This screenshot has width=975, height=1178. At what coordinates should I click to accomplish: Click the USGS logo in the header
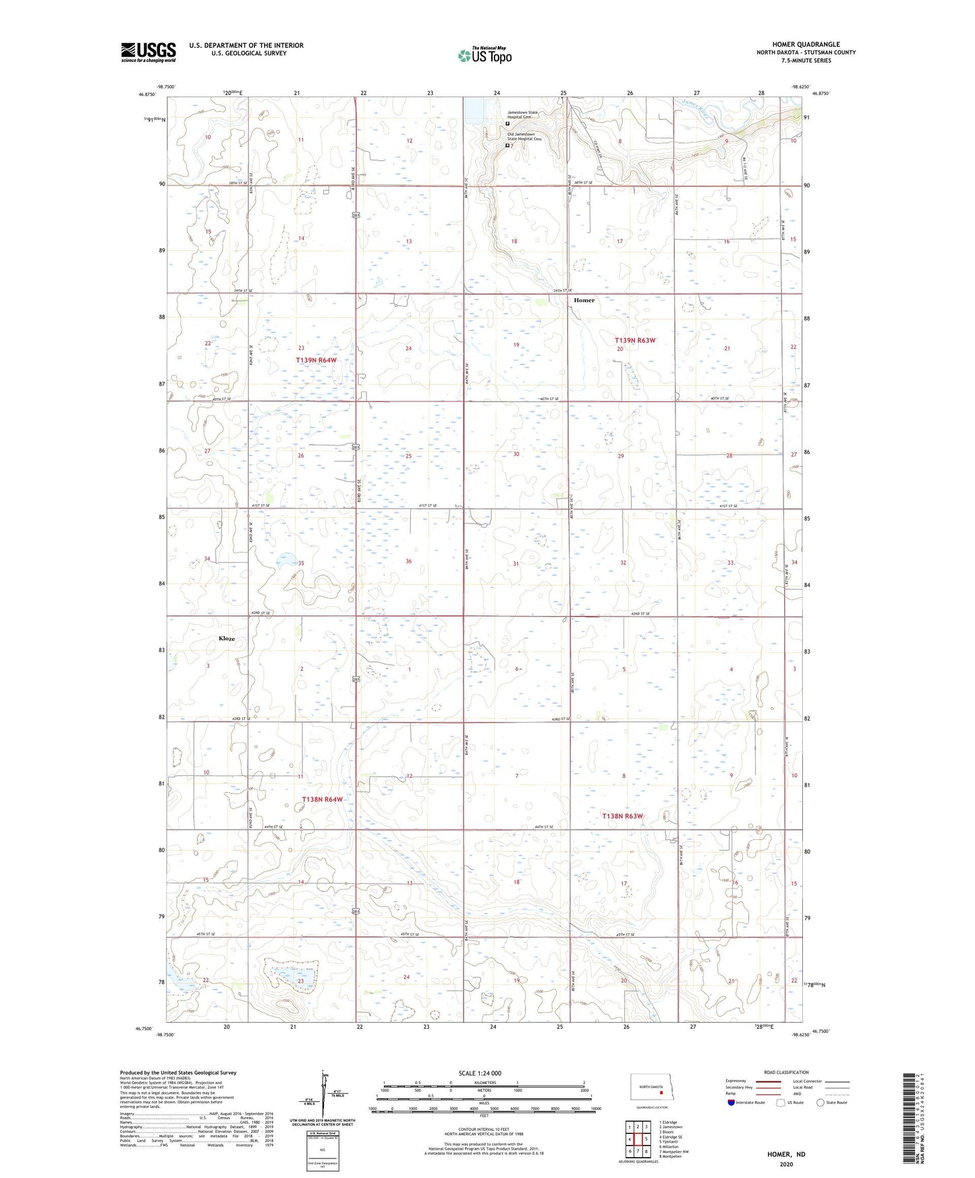tap(148, 52)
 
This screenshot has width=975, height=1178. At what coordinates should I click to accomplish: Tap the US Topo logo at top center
tap(484, 55)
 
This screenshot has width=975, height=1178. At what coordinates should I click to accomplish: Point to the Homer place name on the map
tap(584, 300)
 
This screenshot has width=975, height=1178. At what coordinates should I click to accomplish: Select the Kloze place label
tap(227, 638)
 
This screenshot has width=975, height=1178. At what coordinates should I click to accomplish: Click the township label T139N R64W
tap(316, 360)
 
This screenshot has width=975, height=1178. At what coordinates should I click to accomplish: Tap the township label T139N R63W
tap(635, 341)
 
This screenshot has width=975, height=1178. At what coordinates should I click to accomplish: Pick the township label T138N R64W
tap(322, 800)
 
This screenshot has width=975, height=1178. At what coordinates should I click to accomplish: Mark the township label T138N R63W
tap(623, 816)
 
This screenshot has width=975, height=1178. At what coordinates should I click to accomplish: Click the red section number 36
tap(408, 561)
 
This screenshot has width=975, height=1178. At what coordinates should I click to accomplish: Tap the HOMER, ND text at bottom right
tap(786, 1154)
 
